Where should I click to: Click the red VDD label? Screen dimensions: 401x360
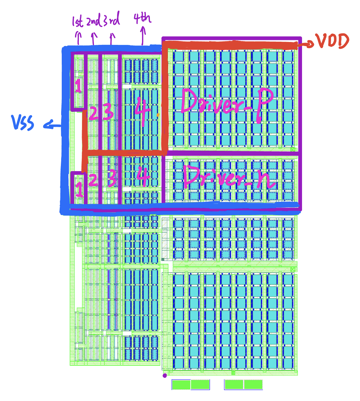332,41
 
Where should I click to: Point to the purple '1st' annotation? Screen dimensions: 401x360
77,21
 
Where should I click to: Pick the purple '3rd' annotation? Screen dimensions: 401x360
111,20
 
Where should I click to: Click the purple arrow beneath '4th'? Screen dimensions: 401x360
143,36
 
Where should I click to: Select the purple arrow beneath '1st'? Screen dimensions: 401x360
78,38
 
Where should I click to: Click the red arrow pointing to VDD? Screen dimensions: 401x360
306,44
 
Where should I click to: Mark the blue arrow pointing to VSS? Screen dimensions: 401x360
52,125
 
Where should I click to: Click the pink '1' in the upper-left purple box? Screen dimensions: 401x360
78,86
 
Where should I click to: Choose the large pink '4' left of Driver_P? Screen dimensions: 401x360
143,111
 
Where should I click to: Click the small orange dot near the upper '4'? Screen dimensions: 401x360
158,115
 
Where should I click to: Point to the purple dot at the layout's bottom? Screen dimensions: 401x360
165,376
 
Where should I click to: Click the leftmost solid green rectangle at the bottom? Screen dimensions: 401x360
181,385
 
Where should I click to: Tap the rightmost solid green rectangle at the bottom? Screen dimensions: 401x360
253,385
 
